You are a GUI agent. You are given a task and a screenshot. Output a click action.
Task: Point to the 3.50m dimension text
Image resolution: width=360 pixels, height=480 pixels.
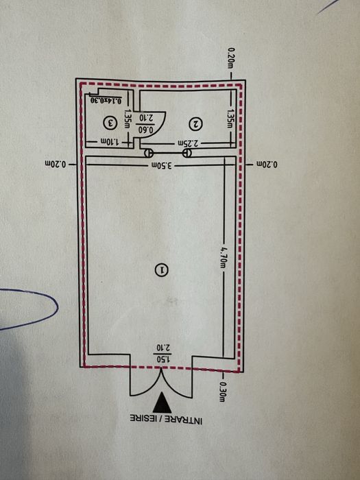coord(161,166)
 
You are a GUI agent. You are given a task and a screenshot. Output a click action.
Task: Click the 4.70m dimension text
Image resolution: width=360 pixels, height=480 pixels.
coord(224,257)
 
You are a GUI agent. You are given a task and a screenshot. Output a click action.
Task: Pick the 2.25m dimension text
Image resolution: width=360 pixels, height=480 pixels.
coord(189,143)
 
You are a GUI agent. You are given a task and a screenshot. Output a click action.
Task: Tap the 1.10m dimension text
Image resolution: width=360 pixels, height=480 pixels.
coord(110,142)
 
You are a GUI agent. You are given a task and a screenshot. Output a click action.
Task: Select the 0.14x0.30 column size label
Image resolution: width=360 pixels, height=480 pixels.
coord(106,100)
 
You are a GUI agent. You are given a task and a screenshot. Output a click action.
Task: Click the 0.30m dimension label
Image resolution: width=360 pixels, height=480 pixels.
coord(223,392)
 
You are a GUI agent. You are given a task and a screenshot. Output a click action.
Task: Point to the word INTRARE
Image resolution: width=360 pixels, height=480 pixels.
coord(184,420)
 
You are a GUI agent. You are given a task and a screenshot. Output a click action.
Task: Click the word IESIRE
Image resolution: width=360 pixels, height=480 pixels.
coord(145,419)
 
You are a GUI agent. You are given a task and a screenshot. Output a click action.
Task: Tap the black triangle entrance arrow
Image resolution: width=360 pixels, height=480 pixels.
coord(162,403)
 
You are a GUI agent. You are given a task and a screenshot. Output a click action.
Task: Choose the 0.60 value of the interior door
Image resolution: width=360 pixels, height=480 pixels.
coord(146,129)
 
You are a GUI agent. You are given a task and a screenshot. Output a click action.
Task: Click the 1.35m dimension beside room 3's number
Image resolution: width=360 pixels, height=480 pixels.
coord(128,120)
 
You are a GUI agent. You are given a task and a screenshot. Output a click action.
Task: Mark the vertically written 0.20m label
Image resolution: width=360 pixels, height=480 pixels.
coord(231,58)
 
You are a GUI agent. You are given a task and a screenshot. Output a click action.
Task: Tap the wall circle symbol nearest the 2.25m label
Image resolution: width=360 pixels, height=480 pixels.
coord(187,153)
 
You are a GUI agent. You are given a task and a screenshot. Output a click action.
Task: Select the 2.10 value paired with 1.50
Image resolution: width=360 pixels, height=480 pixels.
coord(163,348)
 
